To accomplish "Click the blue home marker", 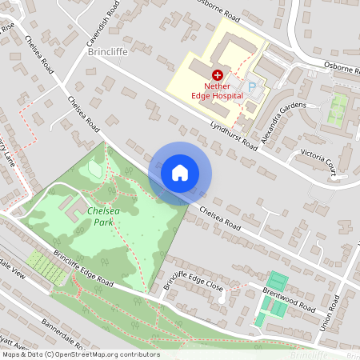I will [180, 173].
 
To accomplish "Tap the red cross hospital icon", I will [217, 73].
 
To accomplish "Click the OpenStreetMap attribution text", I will [81, 354].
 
